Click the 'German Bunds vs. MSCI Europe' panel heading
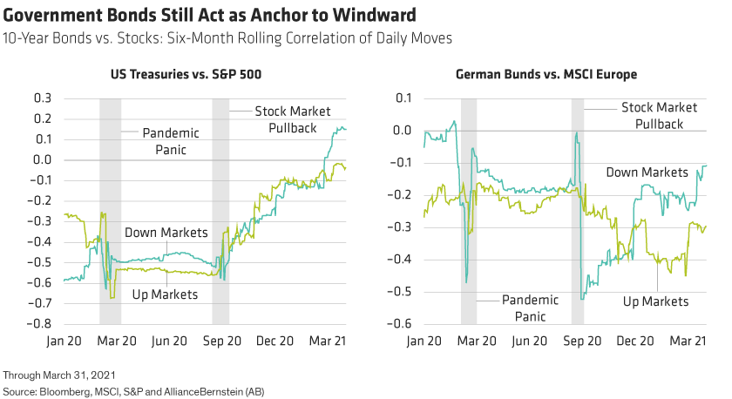(x=546, y=75)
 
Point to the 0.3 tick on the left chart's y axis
(x=43, y=98)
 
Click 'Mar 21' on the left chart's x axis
(x=329, y=341)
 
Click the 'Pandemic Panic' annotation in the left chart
(x=170, y=141)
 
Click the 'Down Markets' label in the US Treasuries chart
(x=166, y=233)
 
